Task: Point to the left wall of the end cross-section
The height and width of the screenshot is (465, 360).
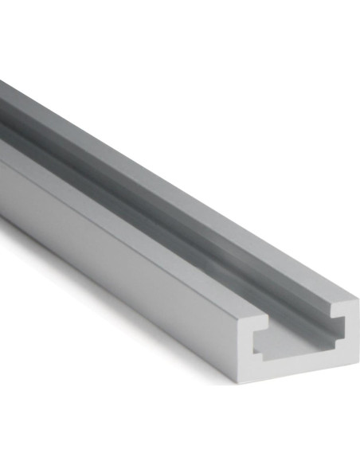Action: point(247,346)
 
